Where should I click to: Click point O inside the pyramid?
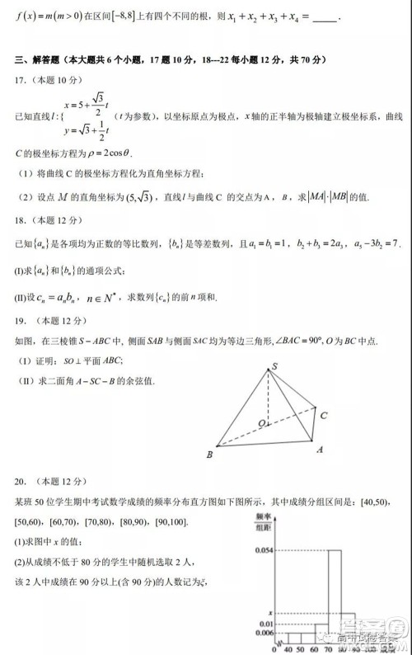tap(261, 423)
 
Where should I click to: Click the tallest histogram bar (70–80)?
tap(335, 594)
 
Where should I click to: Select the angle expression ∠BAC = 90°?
tap(324, 339)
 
